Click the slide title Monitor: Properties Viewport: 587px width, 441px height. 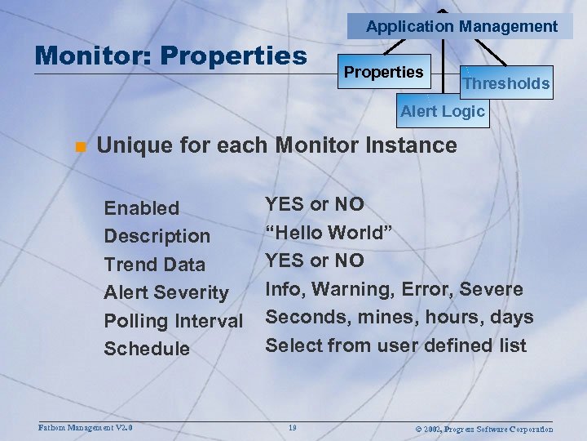tap(171, 56)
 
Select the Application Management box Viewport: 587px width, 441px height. tap(461, 26)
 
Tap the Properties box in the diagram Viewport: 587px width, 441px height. tap(383, 72)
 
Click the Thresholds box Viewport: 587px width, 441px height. tap(505, 82)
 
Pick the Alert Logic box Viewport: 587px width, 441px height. tap(442, 112)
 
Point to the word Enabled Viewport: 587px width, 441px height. tap(141, 208)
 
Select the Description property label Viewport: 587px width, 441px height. tap(157, 236)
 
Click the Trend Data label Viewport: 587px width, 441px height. tap(154, 265)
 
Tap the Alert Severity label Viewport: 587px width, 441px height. tap(166, 292)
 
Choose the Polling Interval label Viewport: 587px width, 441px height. tap(173, 321)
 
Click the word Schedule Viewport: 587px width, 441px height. tap(146, 349)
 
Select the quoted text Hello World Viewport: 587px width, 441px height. tap(329, 233)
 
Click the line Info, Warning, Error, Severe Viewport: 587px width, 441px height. tap(394, 289)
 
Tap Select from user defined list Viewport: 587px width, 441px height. tap(395, 345)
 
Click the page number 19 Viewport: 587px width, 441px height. tap(293, 427)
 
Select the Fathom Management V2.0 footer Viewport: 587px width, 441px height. tap(86, 427)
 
